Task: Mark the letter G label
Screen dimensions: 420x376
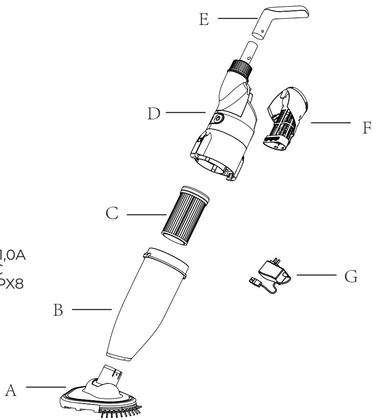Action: (x=351, y=277)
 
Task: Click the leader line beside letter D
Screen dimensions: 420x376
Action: (x=185, y=113)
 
